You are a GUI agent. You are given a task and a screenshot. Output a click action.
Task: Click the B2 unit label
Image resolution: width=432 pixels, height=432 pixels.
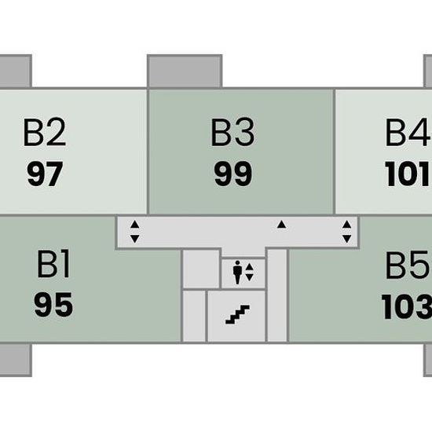click(x=45, y=132)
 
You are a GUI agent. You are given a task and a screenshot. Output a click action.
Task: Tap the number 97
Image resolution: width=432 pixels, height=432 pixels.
click(x=45, y=174)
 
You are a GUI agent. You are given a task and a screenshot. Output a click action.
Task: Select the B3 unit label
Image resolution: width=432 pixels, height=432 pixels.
click(x=232, y=132)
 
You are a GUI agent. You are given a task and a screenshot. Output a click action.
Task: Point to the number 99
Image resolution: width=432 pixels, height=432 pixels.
click(x=233, y=174)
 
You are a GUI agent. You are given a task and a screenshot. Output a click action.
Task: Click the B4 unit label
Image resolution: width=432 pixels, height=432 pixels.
click(x=408, y=132)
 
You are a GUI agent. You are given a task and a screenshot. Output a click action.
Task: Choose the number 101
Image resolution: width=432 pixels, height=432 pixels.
click(x=407, y=174)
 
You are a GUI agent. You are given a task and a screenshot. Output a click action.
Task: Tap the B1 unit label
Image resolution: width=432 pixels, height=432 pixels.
click(x=53, y=264)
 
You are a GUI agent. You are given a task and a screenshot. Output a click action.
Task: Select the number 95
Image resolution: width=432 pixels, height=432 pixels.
click(x=53, y=305)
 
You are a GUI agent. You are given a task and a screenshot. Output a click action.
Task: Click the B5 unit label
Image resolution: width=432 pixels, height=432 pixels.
click(x=408, y=265)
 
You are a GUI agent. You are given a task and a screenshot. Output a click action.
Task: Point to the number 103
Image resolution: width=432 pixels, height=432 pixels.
click(x=407, y=306)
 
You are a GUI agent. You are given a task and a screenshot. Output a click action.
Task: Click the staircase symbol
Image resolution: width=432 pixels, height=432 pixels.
click(x=237, y=314)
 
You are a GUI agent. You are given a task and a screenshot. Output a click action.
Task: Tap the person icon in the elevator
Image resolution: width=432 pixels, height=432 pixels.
click(x=237, y=273)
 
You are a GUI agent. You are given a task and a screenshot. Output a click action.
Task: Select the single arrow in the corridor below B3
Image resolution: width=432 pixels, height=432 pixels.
click(x=281, y=225)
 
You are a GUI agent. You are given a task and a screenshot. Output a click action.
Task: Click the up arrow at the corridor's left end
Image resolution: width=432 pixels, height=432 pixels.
click(x=135, y=225)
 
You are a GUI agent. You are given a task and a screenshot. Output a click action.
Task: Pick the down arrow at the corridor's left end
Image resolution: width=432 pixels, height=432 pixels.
click(x=135, y=239)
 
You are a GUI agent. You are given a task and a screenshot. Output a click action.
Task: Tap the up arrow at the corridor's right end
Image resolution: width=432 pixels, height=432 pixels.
click(x=346, y=225)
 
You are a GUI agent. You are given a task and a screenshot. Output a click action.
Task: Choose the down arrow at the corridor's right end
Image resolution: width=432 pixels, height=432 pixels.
click(x=346, y=239)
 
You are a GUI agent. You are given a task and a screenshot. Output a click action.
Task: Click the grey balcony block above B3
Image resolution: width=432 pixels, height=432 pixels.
click(x=185, y=71)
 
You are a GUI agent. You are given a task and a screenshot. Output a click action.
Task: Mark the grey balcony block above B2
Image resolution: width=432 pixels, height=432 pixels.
click(x=16, y=71)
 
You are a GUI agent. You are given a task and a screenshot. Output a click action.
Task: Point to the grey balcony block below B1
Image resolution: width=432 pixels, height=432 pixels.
click(x=16, y=360)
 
